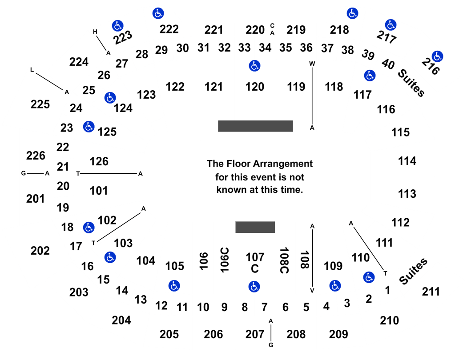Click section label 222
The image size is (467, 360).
tap(169, 29)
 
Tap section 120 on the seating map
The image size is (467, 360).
tap(255, 87)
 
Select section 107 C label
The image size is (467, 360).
tap(255, 263)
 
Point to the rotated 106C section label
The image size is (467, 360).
tap(225, 260)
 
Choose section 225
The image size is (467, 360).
tap(40, 104)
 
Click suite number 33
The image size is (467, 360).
tap(244, 48)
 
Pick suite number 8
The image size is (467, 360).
tap(245, 307)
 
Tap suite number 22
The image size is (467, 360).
tap(63, 147)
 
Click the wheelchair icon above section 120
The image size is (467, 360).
tap(254, 66)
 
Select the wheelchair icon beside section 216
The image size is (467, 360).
tap(437, 56)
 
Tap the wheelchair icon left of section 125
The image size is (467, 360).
tap(89, 127)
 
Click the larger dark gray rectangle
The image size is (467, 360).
tap(255, 126)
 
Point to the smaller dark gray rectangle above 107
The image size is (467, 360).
tap(255, 227)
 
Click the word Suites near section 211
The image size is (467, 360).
tap(413, 271)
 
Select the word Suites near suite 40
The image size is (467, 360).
tap(411, 83)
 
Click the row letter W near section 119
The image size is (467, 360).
tap(312, 64)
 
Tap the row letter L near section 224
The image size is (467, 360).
tap(32, 70)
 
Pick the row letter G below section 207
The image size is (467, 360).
tap(271, 345)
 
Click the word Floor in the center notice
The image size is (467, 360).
tap(240, 164)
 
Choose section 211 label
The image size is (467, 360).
tap(431, 292)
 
